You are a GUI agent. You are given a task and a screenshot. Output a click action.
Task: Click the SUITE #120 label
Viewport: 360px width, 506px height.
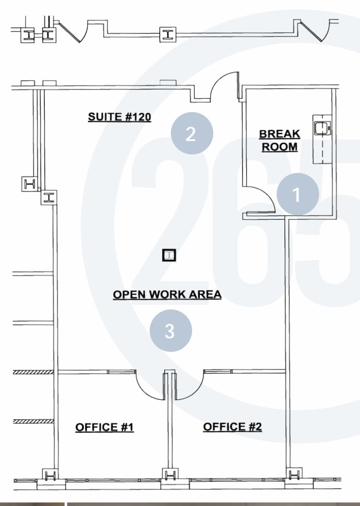119,117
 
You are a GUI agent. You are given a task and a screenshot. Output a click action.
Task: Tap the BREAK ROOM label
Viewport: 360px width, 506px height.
279,141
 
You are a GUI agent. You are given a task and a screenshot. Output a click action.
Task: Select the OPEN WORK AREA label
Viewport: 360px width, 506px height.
167,294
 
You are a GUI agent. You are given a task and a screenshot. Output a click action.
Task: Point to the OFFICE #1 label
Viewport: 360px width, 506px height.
105,427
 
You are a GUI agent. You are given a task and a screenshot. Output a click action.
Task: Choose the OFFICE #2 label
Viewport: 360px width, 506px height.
232,427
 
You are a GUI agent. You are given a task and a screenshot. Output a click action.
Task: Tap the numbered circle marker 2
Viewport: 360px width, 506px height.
192,133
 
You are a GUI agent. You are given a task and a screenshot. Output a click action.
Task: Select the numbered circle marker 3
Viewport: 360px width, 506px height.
170,331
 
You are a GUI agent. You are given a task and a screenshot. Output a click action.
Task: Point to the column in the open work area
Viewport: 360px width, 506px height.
169,255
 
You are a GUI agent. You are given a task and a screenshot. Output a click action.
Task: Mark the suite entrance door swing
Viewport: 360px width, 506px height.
224,87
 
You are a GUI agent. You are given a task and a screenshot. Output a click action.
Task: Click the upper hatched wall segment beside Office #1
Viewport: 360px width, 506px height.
33,372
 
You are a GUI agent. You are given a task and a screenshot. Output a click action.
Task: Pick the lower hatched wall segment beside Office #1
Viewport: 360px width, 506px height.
33,421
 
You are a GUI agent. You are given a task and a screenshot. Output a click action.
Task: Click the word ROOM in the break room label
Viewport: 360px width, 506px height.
280,147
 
